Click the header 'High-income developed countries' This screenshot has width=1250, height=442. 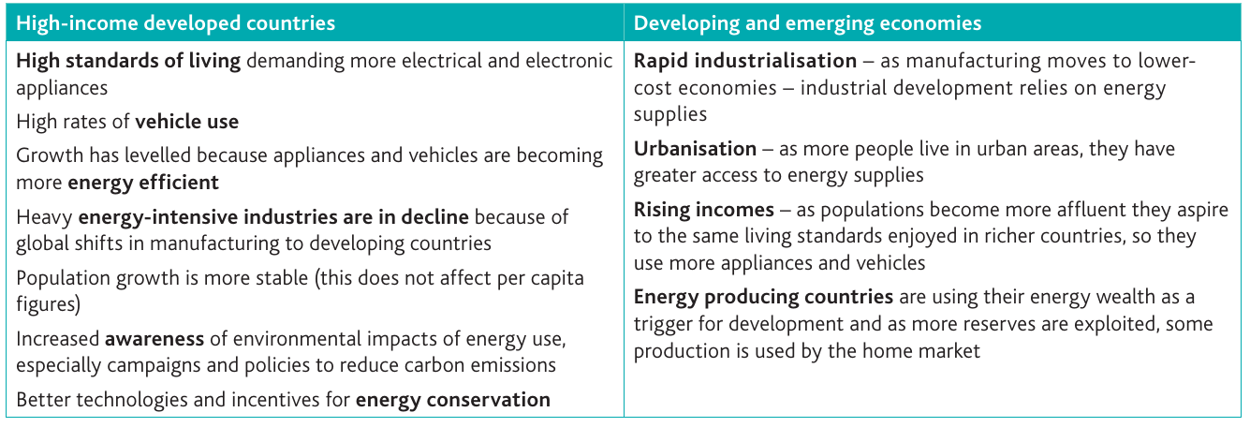point(175,23)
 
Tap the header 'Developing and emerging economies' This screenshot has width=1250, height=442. point(807,23)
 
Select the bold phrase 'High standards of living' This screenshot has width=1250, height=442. point(128,61)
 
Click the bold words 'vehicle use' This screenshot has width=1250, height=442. point(187,122)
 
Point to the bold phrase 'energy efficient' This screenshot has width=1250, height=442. point(143,183)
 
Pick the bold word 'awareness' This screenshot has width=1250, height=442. point(154,339)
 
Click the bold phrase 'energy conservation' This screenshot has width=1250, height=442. point(453,400)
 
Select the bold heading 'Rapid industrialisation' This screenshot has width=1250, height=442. point(745,60)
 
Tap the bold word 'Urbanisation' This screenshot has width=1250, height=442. point(696,149)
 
